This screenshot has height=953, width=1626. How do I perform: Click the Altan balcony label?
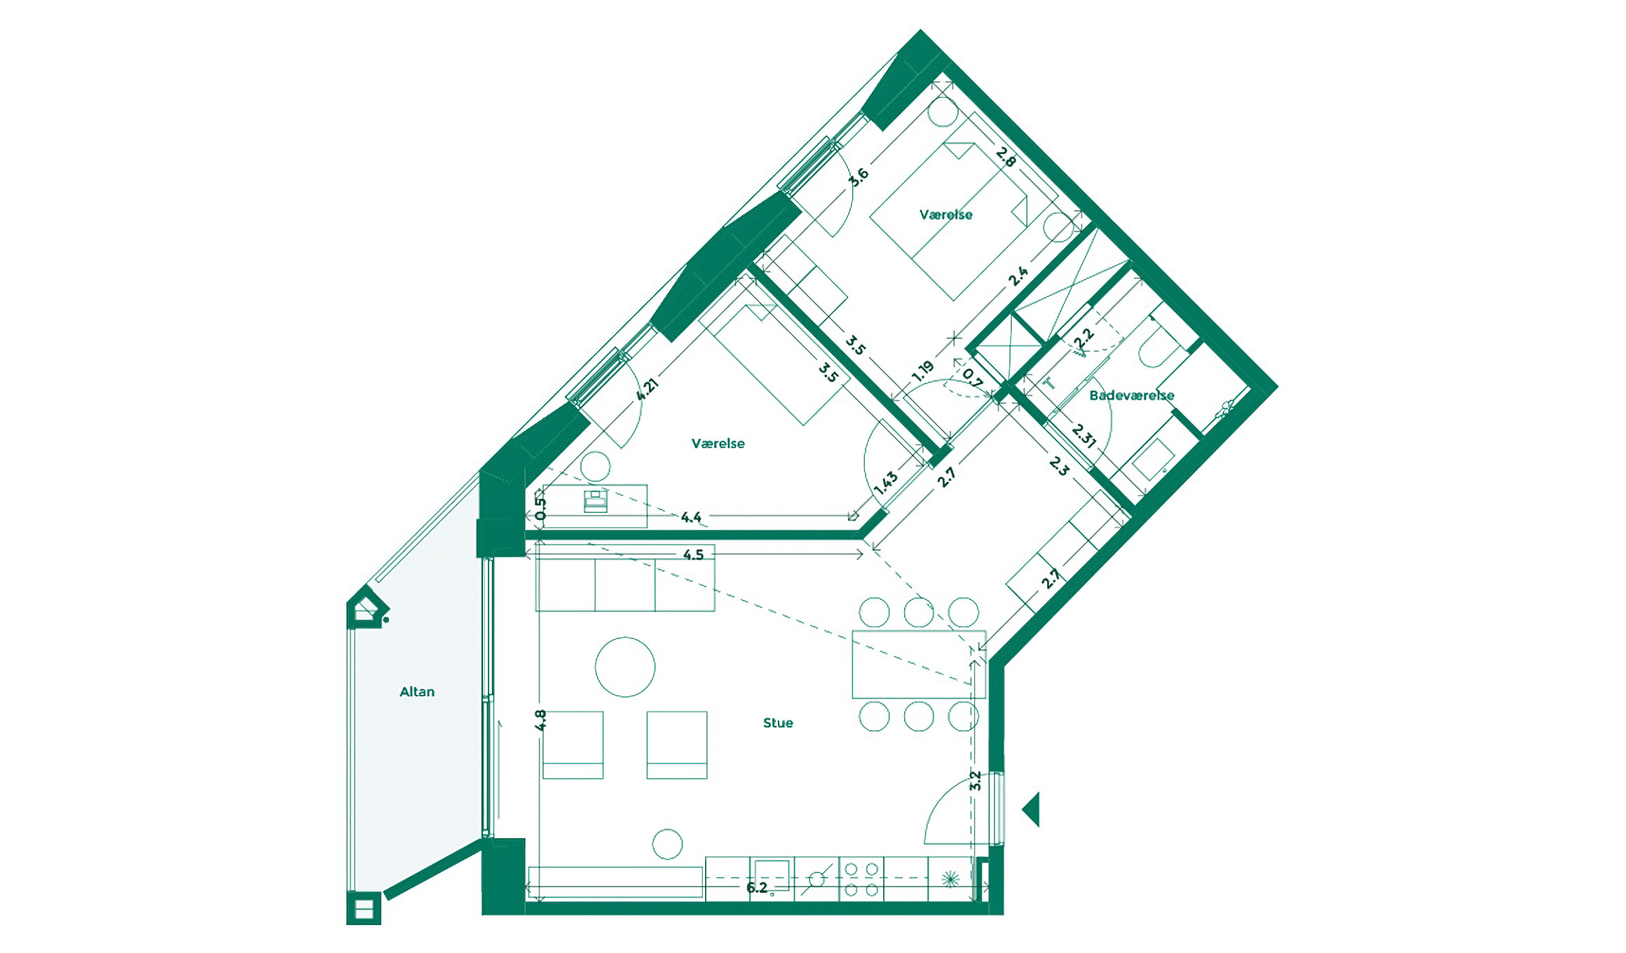[417, 692]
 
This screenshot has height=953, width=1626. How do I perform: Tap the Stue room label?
[778, 722]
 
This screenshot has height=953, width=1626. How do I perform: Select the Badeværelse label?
[1131, 395]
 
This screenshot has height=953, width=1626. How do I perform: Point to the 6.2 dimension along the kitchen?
[757, 888]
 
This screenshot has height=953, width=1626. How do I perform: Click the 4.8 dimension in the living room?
[540, 720]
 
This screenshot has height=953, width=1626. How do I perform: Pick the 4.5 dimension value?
[693, 555]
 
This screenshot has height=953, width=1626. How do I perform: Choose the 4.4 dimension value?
[691, 517]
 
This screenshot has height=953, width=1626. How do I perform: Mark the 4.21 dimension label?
[647, 390]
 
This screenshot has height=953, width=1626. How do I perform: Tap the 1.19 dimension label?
[922, 371]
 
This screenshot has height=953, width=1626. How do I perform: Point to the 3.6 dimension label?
[859, 176]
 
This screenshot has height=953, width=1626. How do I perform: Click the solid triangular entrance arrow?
[1032, 809]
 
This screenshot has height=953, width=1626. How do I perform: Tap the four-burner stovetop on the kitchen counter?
[861, 879]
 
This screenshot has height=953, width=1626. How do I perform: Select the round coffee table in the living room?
[625, 667]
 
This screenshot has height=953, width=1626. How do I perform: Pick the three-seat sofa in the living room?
[625, 585]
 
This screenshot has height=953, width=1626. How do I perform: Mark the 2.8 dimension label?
[1006, 157]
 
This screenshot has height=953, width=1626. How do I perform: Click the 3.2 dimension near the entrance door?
[975, 781]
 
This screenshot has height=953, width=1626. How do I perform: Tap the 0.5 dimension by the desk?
[540, 509]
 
